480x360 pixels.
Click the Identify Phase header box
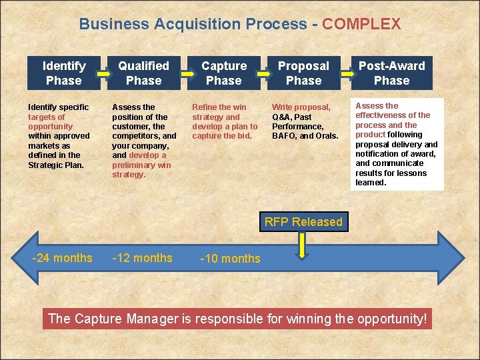pos(63,73)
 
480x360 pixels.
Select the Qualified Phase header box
pos(143,73)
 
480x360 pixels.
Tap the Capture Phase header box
pos(223,73)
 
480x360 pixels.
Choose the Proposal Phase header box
pos(303,73)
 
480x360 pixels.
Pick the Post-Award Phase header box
pos(391,73)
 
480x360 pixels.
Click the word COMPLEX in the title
pos(361,25)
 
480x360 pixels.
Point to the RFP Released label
pos(303,222)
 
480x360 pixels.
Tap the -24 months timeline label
pos(63,258)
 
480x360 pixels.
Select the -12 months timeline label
pos(143,258)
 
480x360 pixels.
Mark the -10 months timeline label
pos(231,259)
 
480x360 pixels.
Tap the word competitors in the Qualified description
pos(135,136)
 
